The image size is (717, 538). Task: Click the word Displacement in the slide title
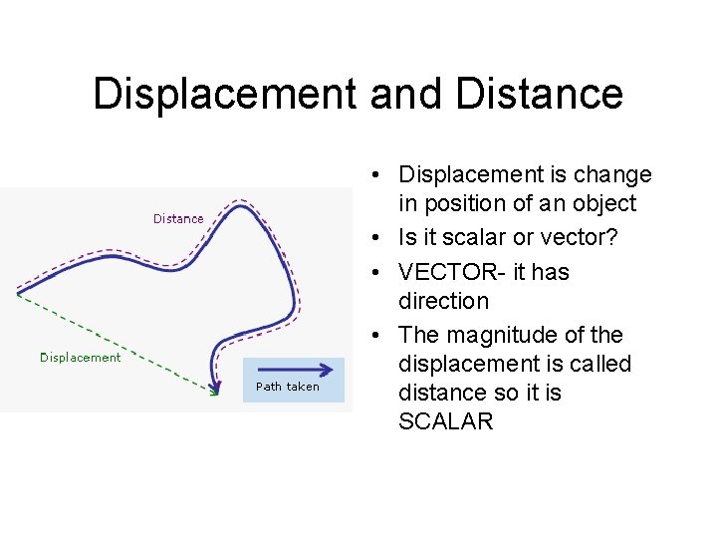224,95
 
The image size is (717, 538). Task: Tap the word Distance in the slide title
539,95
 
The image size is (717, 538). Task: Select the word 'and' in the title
405,95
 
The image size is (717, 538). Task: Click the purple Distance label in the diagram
178,218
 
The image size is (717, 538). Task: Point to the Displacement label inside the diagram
80,357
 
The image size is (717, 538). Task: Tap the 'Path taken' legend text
288,387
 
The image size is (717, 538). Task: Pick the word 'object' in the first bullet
601,204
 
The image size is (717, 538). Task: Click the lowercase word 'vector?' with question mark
586,238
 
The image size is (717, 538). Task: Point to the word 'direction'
443,301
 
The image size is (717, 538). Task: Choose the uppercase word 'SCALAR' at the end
445,421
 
